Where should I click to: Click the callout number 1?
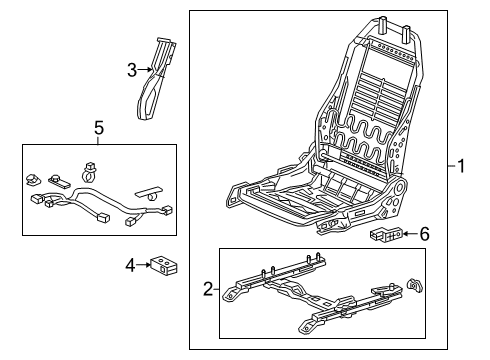click(462, 167)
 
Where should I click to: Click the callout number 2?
click(207, 290)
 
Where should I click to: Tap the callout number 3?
click(131, 69)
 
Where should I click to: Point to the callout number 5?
click(98, 128)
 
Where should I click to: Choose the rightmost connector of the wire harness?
click(168, 210)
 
